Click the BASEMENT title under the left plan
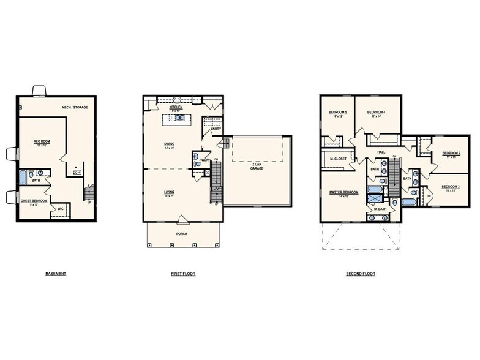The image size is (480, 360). click(56, 274)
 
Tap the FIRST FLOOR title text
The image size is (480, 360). click(183, 274)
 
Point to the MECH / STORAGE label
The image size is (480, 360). click(75, 107)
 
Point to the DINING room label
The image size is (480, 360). click(169, 144)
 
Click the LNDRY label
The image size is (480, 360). click(216, 129)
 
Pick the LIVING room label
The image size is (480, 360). click(169, 192)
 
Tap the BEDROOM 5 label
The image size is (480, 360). click(337, 112)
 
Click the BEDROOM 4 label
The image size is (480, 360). click(375, 112)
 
